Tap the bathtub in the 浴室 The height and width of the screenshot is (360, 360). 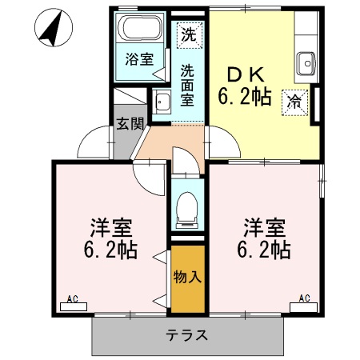point(138,30)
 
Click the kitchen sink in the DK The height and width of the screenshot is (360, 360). point(305,62)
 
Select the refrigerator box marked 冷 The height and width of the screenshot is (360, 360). point(294,102)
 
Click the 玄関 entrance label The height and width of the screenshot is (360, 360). point(129,124)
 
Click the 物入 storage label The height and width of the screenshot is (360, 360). point(186,278)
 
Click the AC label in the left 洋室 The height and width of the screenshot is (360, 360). point(72,300)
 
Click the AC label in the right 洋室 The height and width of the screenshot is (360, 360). point(305,298)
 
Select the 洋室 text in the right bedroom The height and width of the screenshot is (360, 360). point(261,226)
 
